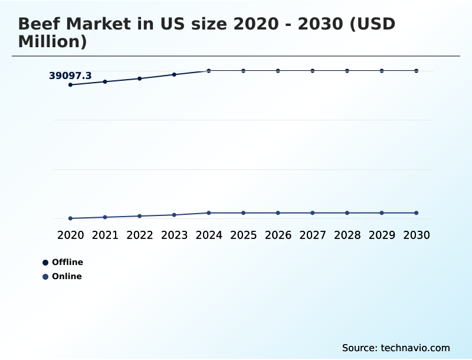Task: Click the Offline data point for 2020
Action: [71, 85]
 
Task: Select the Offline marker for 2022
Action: [140, 78]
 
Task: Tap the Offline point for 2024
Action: [209, 71]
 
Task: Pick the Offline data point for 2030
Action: [416, 71]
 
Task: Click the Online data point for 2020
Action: [71, 218]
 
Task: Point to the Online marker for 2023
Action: [174, 215]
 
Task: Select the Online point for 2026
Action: [278, 212]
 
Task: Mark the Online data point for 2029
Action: [382, 212]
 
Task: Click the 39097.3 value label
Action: [70, 76]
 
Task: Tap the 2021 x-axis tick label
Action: [105, 235]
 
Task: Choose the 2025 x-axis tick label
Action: [243, 235]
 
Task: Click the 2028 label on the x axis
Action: [347, 235]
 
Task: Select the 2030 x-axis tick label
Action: [416, 235]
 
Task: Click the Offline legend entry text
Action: [67, 262]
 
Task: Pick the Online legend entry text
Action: [67, 276]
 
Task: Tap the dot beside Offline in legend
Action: [45, 263]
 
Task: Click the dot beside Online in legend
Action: [45, 277]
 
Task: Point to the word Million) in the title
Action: [53, 42]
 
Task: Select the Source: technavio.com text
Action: [396, 348]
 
